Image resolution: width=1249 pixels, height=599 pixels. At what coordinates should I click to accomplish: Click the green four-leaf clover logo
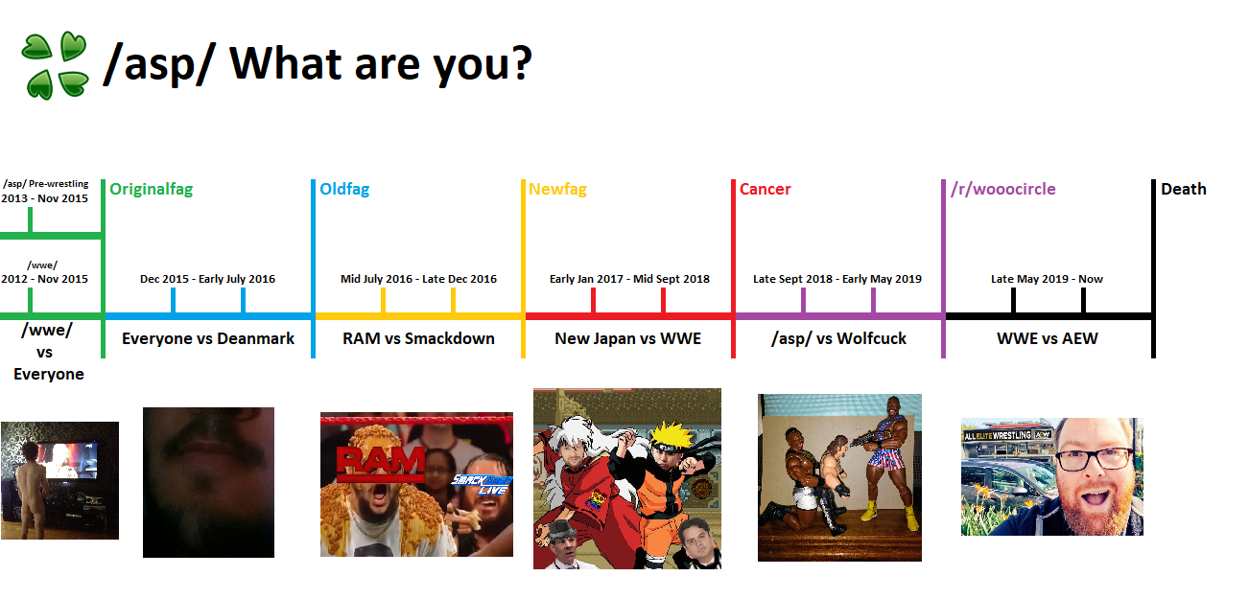(x=55, y=65)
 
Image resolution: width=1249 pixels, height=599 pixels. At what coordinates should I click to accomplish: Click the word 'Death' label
(x=1183, y=190)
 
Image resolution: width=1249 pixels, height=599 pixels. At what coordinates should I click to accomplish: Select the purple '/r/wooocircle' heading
(x=1003, y=190)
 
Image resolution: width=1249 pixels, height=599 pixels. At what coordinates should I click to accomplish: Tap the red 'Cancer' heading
(x=765, y=190)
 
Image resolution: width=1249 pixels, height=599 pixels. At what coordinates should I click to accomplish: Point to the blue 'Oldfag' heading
(x=344, y=190)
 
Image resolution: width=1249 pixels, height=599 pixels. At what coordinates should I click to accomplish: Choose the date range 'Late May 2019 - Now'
(x=1047, y=279)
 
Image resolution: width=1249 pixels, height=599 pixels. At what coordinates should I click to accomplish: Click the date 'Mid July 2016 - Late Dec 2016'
(x=419, y=279)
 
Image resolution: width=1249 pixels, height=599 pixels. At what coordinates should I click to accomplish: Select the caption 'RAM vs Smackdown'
(x=418, y=338)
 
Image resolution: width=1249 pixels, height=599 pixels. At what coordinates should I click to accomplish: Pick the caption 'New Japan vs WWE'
(x=627, y=338)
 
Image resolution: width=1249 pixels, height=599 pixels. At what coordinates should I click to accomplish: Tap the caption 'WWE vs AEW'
(x=1048, y=338)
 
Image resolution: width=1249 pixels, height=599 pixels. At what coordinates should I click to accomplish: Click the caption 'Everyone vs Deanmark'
(x=208, y=338)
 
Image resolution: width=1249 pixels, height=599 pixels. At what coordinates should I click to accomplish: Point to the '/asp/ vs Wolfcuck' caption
(x=838, y=338)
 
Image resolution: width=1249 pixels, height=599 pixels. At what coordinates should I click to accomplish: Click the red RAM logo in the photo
(x=381, y=464)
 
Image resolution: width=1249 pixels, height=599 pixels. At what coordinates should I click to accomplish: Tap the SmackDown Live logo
(x=482, y=485)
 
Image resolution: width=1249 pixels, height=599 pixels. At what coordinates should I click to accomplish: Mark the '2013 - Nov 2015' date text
(x=44, y=198)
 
